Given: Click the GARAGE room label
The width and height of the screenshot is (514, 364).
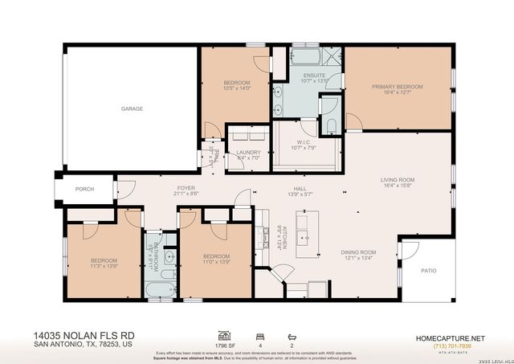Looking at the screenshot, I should click(131, 108).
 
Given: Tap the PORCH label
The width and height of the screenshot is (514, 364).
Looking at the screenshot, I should click(84, 189).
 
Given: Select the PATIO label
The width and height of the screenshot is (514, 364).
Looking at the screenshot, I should click(429, 270).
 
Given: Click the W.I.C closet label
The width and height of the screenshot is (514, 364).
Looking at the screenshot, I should click(298, 142).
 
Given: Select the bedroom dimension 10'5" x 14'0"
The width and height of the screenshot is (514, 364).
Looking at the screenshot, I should click(235, 88).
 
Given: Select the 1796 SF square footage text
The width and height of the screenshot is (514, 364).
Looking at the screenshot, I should click(226, 346).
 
